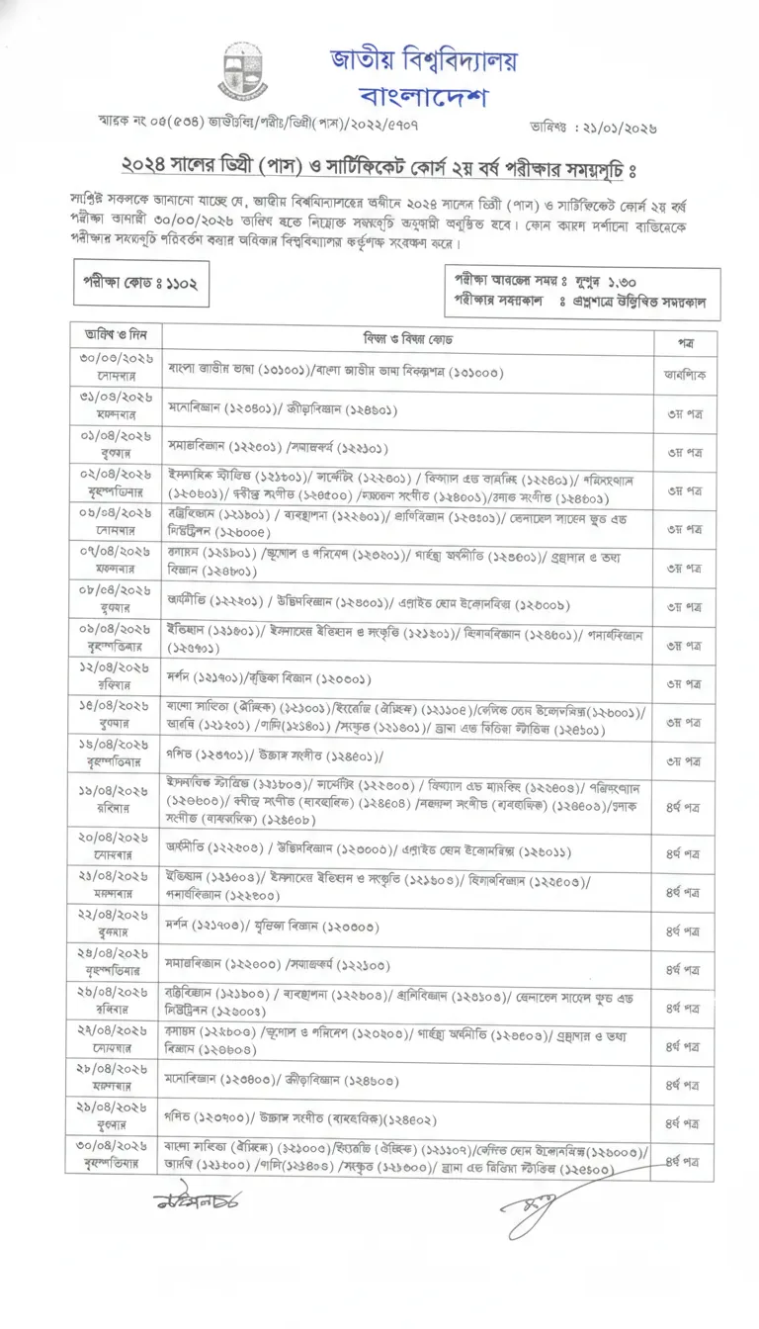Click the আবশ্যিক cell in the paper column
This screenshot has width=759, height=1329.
coord(684,375)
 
